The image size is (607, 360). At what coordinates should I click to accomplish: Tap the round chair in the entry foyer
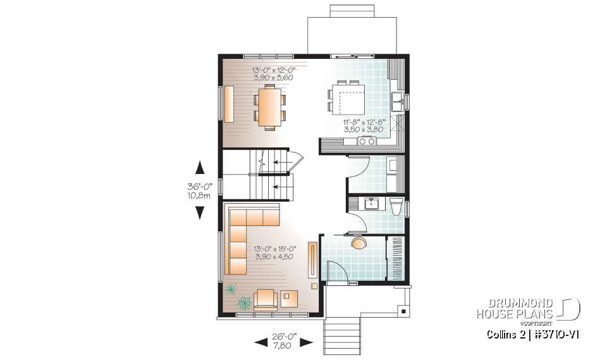pos(359,243)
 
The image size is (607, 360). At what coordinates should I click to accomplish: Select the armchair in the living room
pos(266,297)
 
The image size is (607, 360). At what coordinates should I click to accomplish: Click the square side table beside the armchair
pos(290,297)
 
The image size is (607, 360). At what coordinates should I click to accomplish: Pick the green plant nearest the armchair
pos(244,304)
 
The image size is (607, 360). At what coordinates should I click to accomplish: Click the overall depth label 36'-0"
pos(199,187)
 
